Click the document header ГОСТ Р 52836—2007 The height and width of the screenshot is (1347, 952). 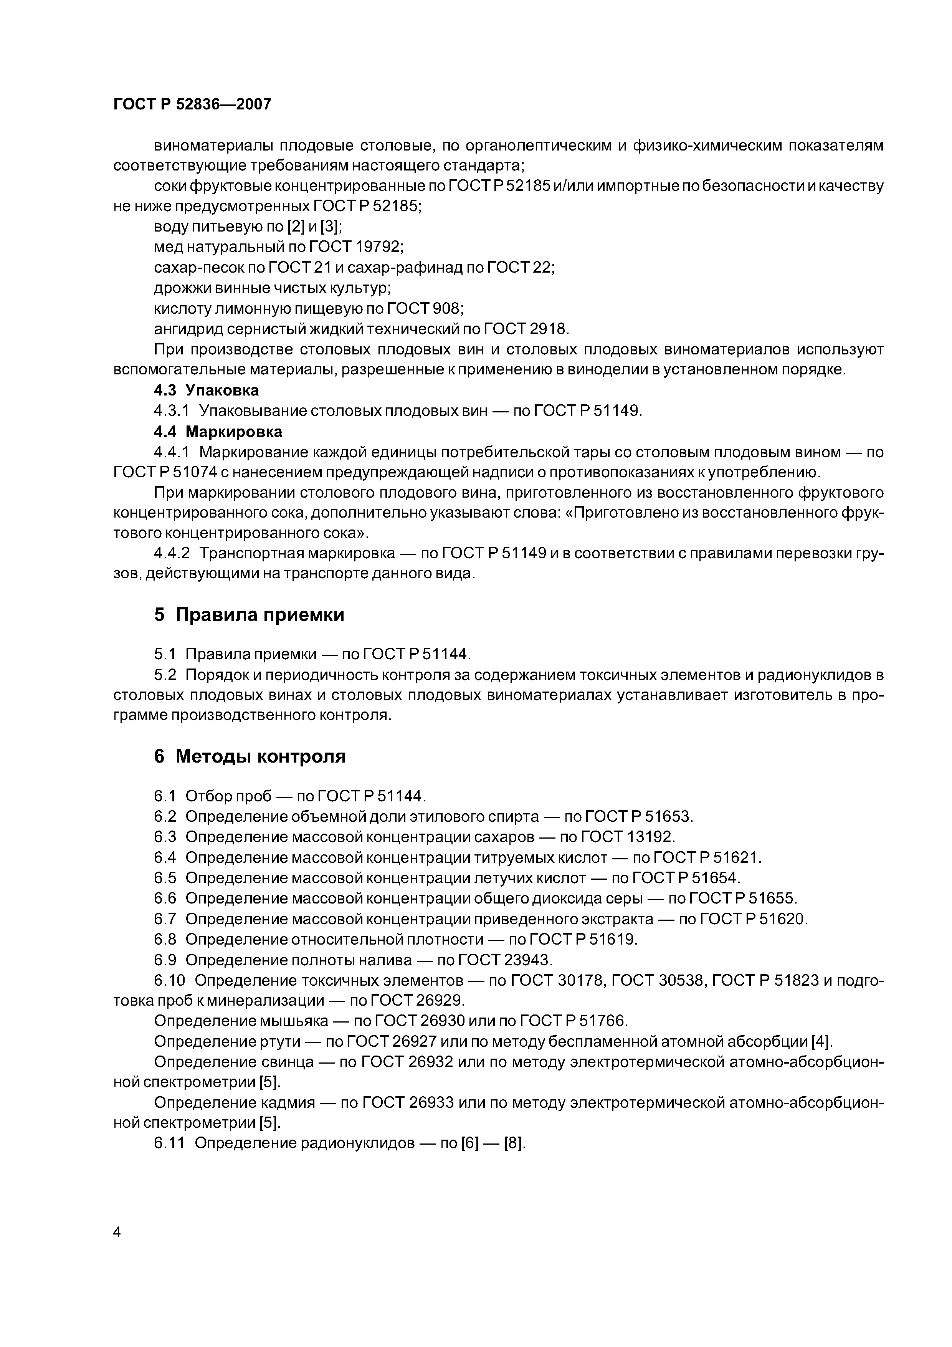(x=192, y=104)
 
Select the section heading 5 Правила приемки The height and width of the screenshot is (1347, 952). (x=249, y=615)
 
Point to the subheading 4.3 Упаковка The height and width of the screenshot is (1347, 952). (x=207, y=390)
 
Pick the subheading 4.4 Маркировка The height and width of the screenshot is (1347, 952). (x=218, y=432)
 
